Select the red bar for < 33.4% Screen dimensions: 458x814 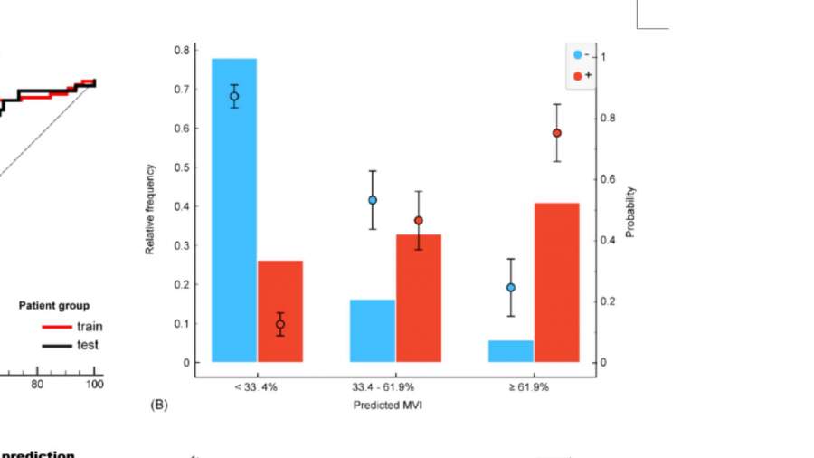coord(280,312)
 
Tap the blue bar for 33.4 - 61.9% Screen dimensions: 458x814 coord(373,331)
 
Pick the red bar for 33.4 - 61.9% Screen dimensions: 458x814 coord(418,299)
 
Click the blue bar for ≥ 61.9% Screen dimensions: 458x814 coord(511,351)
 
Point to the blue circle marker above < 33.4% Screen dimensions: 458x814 coord(234,96)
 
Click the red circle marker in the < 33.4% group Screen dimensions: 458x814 coord(280,324)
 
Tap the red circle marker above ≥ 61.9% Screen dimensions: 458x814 coord(557,133)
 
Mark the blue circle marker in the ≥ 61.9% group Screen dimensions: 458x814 coord(511,287)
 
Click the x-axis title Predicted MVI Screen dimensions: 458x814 coord(388,405)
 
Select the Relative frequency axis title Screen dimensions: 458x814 coord(150,209)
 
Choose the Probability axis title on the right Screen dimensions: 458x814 coord(630,212)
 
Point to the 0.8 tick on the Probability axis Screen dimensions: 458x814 coord(608,118)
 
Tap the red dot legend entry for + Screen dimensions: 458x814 coord(578,76)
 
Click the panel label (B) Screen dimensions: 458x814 coord(159,405)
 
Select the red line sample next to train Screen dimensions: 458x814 coord(56,326)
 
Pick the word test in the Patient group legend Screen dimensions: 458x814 coord(88,345)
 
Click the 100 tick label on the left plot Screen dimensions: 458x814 coord(94,384)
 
